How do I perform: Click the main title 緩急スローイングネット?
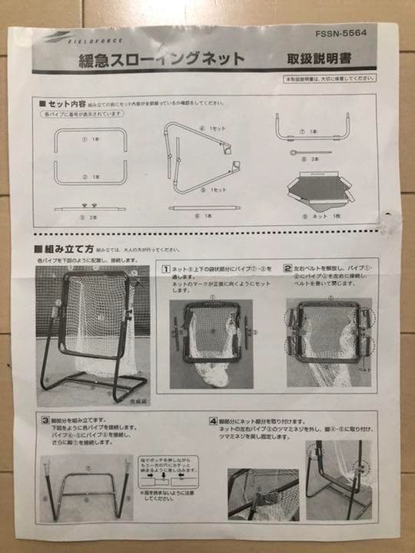tap(162, 59)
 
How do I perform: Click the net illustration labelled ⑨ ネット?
tap(319, 189)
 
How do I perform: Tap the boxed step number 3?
tap(46, 421)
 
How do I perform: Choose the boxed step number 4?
tap(212, 422)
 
